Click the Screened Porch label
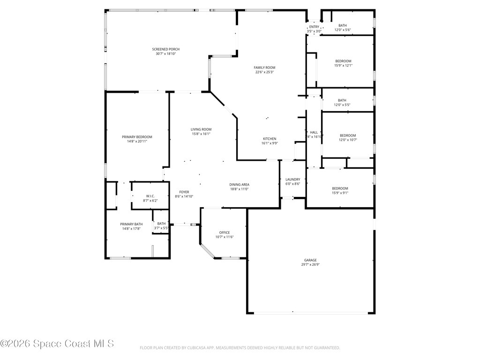[165, 49]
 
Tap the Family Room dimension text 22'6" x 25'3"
[264, 72]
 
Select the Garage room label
[310, 260]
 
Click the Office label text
[224, 232]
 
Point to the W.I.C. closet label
[150, 196]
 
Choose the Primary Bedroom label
[137, 137]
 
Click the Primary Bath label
[131, 224]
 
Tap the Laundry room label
[292, 179]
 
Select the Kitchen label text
[269, 139]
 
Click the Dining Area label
[239, 184]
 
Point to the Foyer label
[184, 192]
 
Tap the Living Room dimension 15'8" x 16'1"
[201, 134]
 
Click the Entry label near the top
[314, 27]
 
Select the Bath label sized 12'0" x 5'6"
[342, 25]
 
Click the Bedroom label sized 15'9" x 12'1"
[343, 61]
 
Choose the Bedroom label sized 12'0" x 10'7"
[348, 135]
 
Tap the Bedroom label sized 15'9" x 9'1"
[340, 188]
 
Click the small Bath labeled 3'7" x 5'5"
[161, 224]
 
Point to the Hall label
[314, 133]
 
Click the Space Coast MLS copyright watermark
[57, 344]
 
